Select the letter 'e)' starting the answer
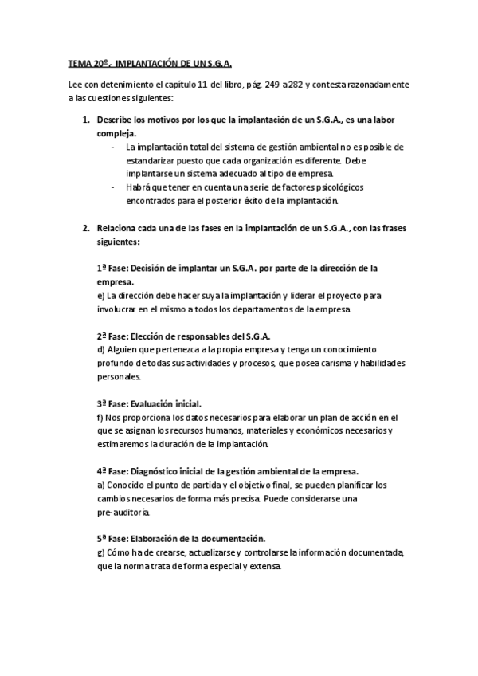(100, 296)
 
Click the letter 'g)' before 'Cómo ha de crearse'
(100, 552)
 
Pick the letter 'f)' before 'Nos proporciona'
(100, 418)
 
